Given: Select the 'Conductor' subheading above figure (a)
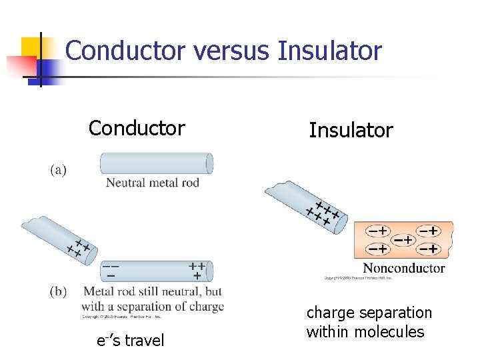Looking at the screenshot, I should click(137, 127).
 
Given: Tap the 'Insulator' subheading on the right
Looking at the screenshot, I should click(351, 130).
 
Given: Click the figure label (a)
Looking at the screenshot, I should click(59, 170).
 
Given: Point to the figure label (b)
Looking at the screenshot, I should click(59, 291).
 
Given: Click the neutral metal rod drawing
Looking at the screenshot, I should click(156, 163).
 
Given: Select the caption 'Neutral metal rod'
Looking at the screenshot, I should click(153, 183).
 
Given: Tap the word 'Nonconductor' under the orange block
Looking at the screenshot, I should click(403, 268).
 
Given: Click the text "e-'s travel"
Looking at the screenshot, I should click(130, 341).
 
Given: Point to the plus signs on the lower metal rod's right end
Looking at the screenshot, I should click(197, 270).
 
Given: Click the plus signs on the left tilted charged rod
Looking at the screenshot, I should click(79, 249).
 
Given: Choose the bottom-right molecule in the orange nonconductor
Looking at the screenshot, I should click(428, 249).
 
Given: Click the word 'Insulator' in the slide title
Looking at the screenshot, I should click(330, 51).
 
